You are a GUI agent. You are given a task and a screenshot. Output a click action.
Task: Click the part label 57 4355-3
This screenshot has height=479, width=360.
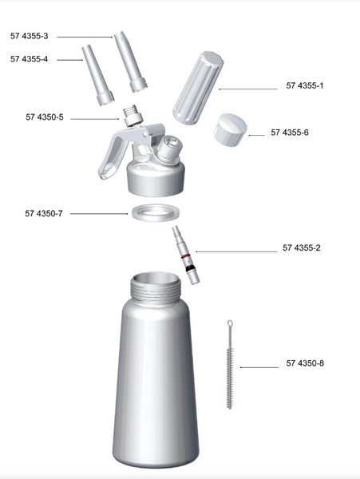tap(30, 37)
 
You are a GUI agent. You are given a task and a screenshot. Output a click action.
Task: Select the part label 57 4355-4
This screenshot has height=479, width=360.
tap(30, 59)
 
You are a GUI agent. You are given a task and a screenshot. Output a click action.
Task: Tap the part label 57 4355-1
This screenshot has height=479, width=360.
tap(305, 85)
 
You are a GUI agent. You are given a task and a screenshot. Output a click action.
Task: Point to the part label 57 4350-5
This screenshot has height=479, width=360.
tap(45, 117)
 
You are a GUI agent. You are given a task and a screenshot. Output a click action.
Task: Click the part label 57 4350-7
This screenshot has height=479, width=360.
tap(44, 213)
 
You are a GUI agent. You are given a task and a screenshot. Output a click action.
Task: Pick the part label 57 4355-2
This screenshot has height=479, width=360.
tap(301, 248)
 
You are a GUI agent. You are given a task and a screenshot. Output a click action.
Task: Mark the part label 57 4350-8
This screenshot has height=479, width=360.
tap(305, 364)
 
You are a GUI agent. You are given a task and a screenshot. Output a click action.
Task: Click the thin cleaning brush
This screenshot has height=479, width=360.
tap(229, 364)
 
